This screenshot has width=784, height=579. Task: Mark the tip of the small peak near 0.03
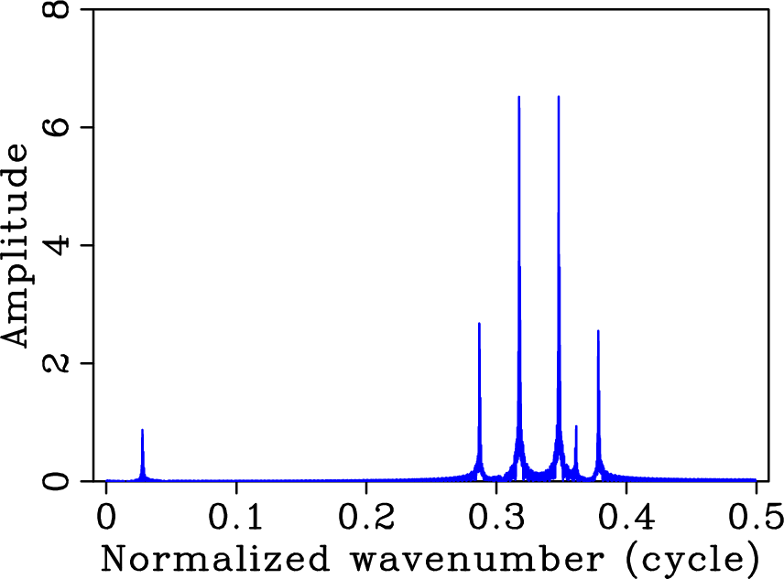tap(142, 430)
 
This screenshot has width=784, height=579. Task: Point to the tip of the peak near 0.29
tap(479, 324)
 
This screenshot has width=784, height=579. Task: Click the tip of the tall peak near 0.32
tap(518, 97)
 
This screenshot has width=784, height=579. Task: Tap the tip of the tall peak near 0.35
tap(558, 97)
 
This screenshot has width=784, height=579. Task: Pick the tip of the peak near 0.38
tap(598, 331)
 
